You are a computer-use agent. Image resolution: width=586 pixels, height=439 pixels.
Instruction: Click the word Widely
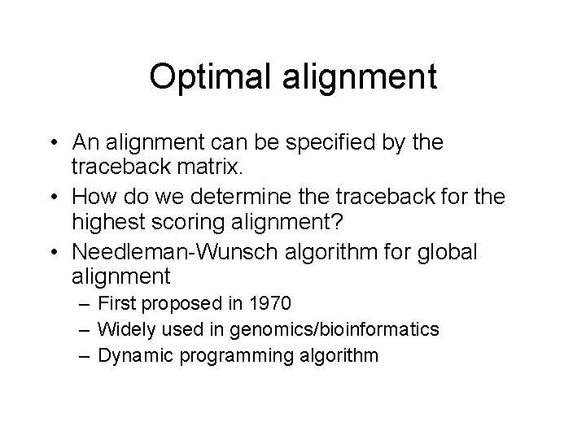122,329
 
